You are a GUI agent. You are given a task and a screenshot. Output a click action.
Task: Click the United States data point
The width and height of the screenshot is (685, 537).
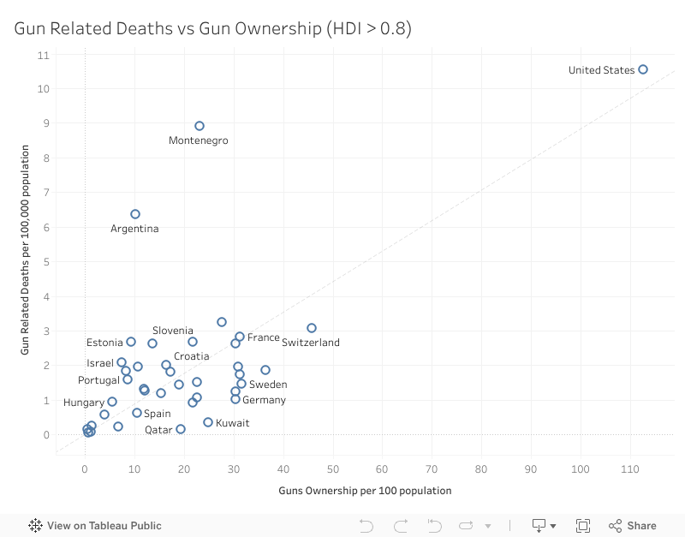click(x=643, y=69)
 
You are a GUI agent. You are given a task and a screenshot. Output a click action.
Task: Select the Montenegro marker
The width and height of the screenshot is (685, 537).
click(x=200, y=126)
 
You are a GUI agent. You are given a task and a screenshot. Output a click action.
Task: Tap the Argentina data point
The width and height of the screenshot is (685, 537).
click(x=135, y=214)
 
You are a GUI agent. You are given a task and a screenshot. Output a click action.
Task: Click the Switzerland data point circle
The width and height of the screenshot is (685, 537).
click(x=312, y=328)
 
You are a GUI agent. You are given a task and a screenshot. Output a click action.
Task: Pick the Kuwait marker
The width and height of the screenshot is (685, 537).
click(x=208, y=422)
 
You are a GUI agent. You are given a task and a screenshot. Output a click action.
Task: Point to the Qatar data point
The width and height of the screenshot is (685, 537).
click(x=181, y=429)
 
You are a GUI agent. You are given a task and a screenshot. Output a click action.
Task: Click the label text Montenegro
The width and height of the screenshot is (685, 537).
click(x=199, y=140)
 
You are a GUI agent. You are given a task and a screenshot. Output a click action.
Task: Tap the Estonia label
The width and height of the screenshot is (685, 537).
click(x=104, y=343)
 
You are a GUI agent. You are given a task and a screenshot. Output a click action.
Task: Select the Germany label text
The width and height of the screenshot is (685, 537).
click(x=264, y=400)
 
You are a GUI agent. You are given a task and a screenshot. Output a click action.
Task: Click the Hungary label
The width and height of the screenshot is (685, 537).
click(x=84, y=403)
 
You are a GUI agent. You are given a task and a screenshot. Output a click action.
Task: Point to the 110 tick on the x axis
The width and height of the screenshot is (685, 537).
click(x=630, y=469)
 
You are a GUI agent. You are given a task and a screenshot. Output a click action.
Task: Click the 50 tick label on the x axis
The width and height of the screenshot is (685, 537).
click(x=332, y=469)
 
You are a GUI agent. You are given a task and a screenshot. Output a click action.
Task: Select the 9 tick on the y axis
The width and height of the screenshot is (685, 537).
click(x=44, y=123)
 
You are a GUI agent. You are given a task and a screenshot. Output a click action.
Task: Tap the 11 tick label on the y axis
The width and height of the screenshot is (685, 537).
click(x=43, y=55)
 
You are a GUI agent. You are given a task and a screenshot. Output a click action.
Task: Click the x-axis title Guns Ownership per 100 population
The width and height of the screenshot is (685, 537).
click(x=365, y=491)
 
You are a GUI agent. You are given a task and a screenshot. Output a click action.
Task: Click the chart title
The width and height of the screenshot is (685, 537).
click(x=212, y=28)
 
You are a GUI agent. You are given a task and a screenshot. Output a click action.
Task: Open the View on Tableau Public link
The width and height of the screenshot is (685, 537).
click(x=95, y=526)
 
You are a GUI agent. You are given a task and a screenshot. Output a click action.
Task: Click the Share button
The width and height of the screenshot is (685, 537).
click(x=633, y=526)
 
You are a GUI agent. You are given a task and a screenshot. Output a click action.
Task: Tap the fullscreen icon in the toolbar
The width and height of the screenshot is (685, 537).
click(x=583, y=526)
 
